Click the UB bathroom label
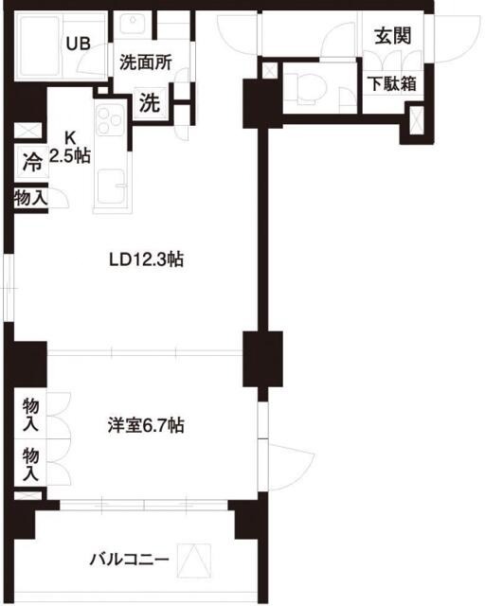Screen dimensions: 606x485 coord(78,43)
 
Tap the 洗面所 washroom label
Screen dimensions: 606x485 coord(145,63)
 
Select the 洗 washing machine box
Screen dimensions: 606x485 coord(150,103)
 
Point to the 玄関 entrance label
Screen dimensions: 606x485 coord(391,36)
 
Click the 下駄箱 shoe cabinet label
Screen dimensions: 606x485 coord(391,82)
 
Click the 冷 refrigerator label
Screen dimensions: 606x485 coord(31,162)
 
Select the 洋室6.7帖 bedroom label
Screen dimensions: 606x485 coord(145,427)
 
